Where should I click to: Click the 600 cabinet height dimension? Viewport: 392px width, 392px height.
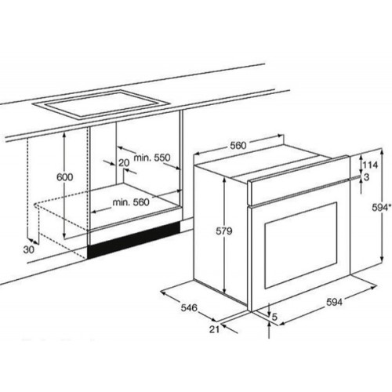coord(65,177)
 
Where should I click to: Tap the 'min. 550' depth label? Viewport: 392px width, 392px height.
coord(152,158)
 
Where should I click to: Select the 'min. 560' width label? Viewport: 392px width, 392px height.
coord(131,202)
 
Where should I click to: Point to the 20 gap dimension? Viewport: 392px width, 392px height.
coord(124,163)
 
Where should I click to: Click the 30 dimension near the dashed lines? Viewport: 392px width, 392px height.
coord(29,250)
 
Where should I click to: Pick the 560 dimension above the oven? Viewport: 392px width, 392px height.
coord(238,145)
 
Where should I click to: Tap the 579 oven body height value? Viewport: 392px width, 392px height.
coord(224,231)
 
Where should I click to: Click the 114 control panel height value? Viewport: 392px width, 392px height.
coord(370,165)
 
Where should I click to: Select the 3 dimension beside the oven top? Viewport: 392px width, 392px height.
coord(366,177)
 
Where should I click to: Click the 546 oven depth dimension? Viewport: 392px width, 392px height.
coord(189,307)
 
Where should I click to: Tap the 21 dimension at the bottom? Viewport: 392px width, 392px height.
coord(214,329)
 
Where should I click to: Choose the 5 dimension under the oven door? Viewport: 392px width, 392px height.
coord(274,317)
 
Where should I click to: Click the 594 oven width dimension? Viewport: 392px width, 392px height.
coord(334,302)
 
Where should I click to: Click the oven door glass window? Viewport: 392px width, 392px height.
coord(300,245)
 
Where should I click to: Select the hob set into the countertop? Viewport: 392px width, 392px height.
coord(101,103)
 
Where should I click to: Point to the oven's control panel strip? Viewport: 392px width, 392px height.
coord(299,180)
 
